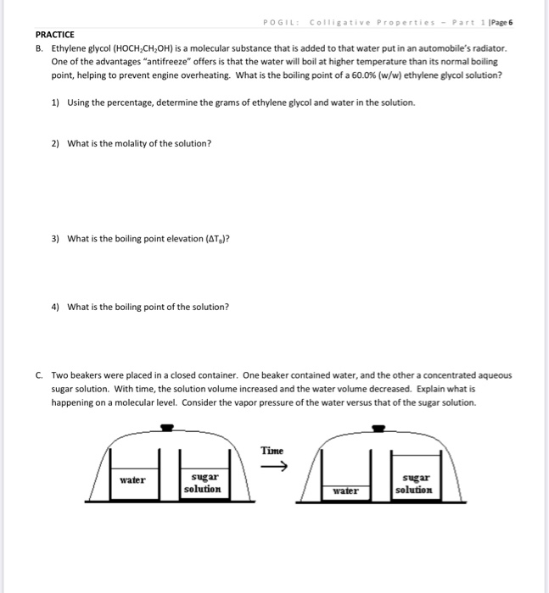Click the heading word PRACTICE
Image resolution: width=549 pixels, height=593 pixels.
(55, 35)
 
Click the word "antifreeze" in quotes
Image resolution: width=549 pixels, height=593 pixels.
(167, 63)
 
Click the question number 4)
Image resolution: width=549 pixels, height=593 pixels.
(56, 307)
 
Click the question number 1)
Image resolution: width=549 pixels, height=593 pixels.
(56, 103)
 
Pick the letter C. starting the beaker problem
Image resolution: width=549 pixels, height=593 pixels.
(40, 375)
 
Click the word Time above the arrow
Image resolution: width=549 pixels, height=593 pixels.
(272, 451)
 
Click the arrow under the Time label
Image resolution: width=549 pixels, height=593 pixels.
(278, 467)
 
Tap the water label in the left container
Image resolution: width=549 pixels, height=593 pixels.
(132, 479)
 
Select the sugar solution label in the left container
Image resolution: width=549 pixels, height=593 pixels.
(202, 484)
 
